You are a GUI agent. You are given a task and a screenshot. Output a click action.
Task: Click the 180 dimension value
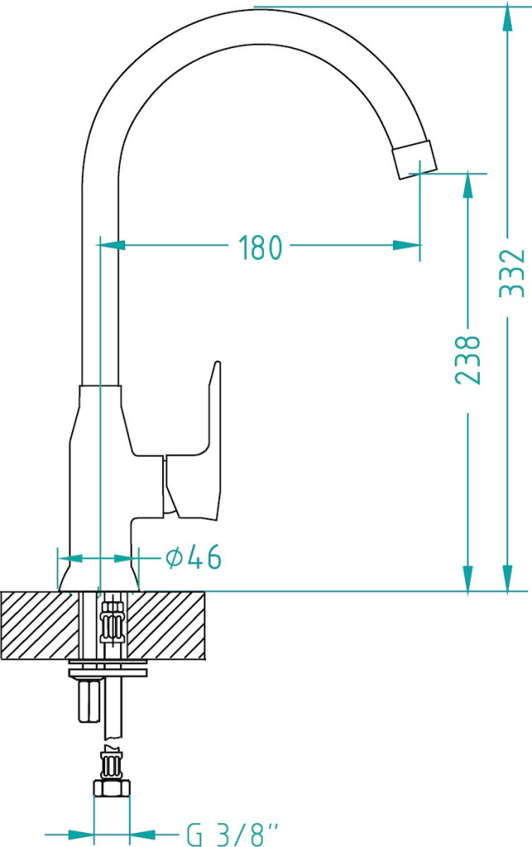(x=261, y=247)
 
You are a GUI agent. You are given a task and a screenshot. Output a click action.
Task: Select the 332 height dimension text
(x=512, y=273)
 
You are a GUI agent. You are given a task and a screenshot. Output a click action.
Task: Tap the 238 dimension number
(x=467, y=360)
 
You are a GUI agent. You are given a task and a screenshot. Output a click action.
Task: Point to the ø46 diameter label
(x=194, y=557)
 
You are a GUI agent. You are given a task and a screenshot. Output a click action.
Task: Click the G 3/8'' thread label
(x=234, y=835)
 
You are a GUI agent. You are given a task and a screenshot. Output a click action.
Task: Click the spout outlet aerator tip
(x=415, y=159)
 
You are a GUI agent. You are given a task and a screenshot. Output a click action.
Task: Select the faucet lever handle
(x=193, y=443)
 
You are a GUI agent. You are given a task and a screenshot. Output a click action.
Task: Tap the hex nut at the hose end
(x=112, y=788)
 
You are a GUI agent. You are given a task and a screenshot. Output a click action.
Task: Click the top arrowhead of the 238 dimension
(x=467, y=186)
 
